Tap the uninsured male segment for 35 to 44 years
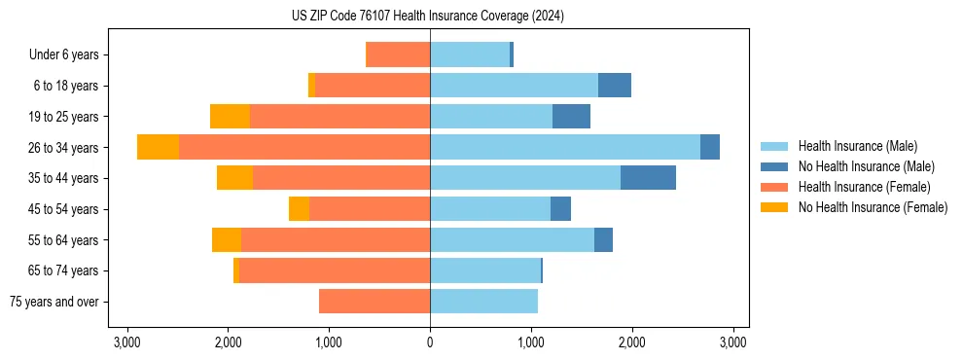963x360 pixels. point(648,178)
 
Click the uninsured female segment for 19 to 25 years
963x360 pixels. point(230,117)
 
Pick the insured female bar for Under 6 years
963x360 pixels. point(398,54)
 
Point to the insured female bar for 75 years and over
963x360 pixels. point(374,302)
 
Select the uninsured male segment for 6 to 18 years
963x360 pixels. point(614,86)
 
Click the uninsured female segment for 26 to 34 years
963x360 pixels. point(158,147)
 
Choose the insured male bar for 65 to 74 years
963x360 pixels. point(484,270)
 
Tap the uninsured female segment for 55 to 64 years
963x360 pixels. point(227,240)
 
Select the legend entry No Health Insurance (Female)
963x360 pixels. point(873,207)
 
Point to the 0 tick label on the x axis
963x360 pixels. point(430,342)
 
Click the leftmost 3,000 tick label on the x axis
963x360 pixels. point(126,342)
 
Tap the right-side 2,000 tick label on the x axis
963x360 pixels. point(632,342)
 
